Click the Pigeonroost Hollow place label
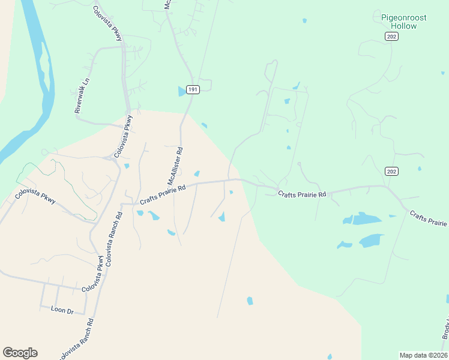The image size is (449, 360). pos(403,22)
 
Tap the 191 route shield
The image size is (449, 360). pos(192,89)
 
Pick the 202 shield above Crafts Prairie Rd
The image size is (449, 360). pos(391,172)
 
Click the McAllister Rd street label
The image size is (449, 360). pos(175,167)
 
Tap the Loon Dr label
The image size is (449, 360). pos(61,310)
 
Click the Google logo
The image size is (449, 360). pos(20,353)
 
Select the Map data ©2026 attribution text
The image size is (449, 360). pos(423,355)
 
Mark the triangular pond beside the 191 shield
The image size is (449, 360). pos(182,92)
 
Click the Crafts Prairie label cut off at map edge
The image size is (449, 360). pos(429,218)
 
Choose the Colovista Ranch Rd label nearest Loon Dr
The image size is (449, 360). pos(76,339)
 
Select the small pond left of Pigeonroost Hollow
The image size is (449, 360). pos(305,20)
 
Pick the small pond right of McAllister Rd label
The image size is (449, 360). pos(196,174)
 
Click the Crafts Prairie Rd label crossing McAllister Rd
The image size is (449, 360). pos(163,195)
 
